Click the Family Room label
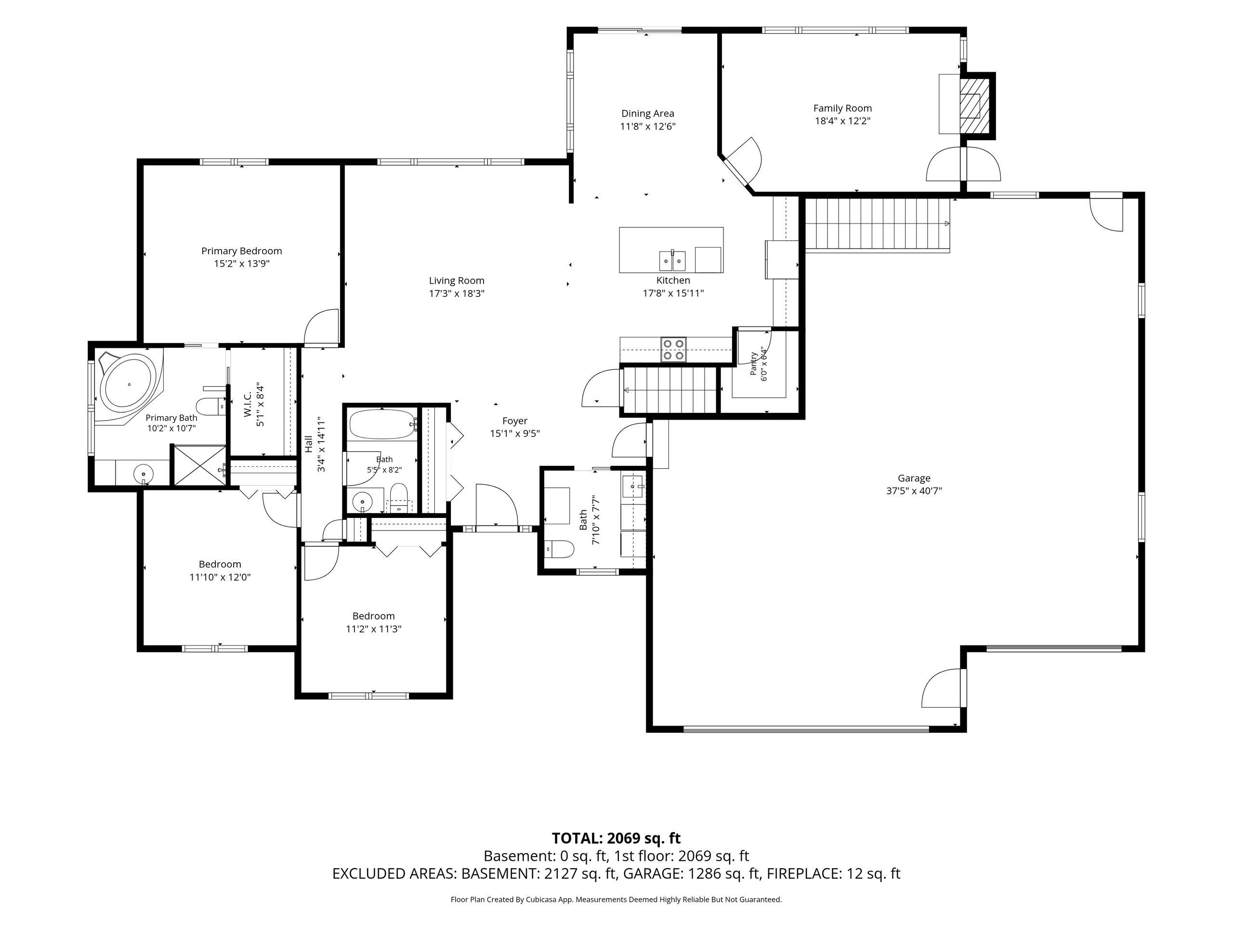(x=842, y=108)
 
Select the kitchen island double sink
(x=673, y=260)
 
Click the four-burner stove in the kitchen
(x=673, y=350)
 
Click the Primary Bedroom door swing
(x=322, y=328)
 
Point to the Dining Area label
(x=648, y=114)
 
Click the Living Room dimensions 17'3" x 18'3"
(x=457, y=294)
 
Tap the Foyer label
(x=514, y=421)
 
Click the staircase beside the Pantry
(x=669, y=390)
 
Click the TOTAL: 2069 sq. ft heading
(x=616, y=838)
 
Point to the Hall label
(x=309, y=444)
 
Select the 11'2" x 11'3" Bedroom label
(x=373, y=616)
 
